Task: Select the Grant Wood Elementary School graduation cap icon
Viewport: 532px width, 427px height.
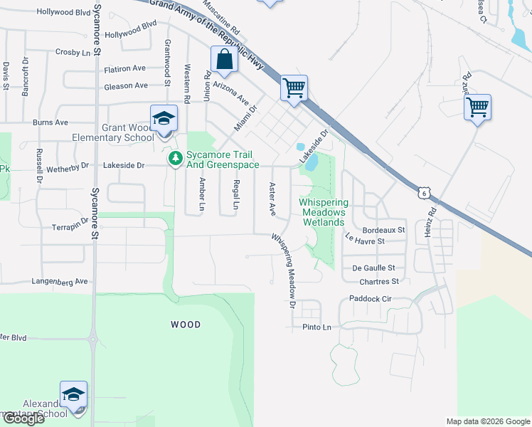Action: tap(163, 118)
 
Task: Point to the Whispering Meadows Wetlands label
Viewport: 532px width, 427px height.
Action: tap(322, 212)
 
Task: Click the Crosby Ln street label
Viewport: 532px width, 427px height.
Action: tap(74, 53)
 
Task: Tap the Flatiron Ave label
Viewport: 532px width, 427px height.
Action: tap(124, 69)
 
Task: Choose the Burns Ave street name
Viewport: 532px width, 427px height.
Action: tap(50, 122)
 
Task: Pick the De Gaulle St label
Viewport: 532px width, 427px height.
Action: tap(373, 268)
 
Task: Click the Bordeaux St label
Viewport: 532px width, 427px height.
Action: tap(383, 231)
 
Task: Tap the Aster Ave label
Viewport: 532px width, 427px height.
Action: tap(272, 199)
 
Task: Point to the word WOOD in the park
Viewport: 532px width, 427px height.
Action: tap(186, 325)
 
